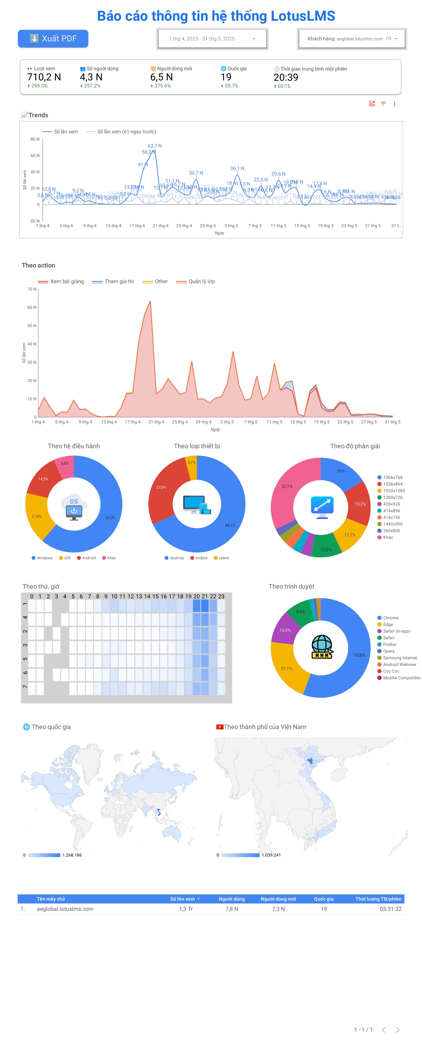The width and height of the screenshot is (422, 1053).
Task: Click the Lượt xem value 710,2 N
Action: [44, 77]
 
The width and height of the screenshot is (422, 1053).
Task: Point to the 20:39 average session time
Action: [286, 77]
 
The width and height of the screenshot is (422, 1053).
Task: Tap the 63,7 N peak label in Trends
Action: [155, 146]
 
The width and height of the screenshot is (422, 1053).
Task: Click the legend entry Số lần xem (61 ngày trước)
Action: [126, 132]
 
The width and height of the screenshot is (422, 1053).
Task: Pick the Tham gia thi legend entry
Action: [119, 281]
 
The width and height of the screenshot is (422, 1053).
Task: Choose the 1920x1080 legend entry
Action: [394, 490]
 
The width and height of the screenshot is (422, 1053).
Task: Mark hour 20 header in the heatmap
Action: [196, 596]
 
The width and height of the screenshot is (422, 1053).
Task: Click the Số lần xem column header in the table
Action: [183, 899]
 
